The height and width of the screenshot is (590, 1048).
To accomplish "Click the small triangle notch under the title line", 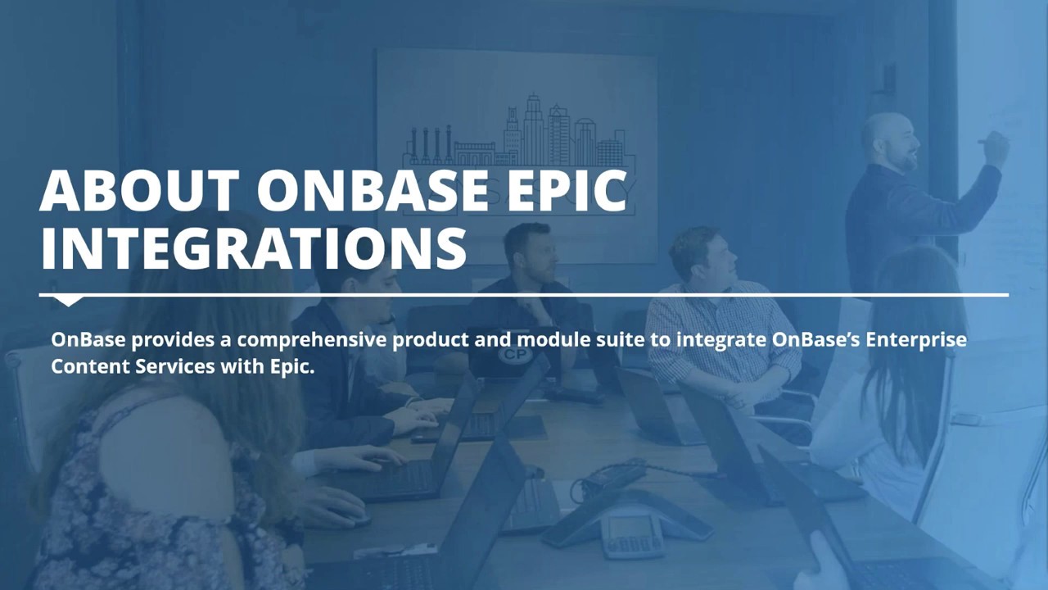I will pyautogui.click(x=68, y=301).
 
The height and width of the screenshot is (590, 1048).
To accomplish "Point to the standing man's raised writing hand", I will pyautogui.click(x=995, y=148).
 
